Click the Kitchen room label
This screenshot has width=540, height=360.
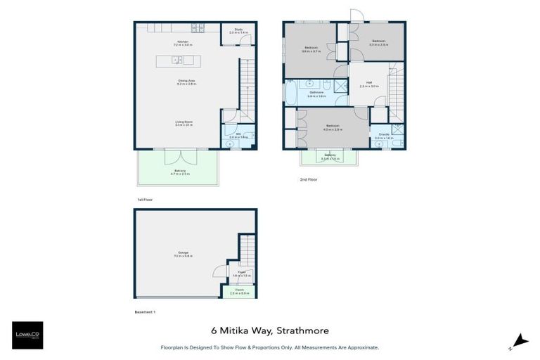pyautogui.click(x=184, y=43)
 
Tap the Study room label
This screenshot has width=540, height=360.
pyautogui.click(x=238, y=31)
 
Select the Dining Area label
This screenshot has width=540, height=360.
pyautogui.click(x=186, y=82)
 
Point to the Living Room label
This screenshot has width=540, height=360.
pyautogui.click(x=184, y=123)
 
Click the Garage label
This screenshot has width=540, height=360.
pyautogui.click(x=183, y=255)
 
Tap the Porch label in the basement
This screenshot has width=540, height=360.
pyautogui.click(x=239, y=291)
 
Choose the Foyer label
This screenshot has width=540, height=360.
pyautogui.click(x=240, y=272)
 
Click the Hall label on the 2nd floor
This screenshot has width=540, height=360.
pyautogui.click(x=369, y=84)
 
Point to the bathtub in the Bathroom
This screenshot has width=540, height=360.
pyautogui.click(x=290, y=93)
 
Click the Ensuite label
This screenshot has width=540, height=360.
pyautogui.click(x=384, y=136)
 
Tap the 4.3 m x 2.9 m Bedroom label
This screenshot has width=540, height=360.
pyautogui.click(x=332, y=128)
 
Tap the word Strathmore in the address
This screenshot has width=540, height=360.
pyautogui.click(x=302, y=330)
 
